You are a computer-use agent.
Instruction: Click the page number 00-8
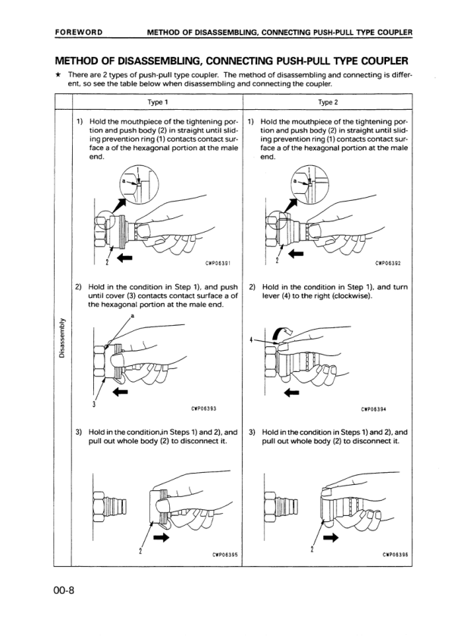(67, 590)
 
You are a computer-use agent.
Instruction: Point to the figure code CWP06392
(388, 264)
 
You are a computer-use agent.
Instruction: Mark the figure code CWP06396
(388, 553)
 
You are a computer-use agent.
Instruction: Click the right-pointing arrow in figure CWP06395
(162, 538)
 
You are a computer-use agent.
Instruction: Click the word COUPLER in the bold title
(373, 60)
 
